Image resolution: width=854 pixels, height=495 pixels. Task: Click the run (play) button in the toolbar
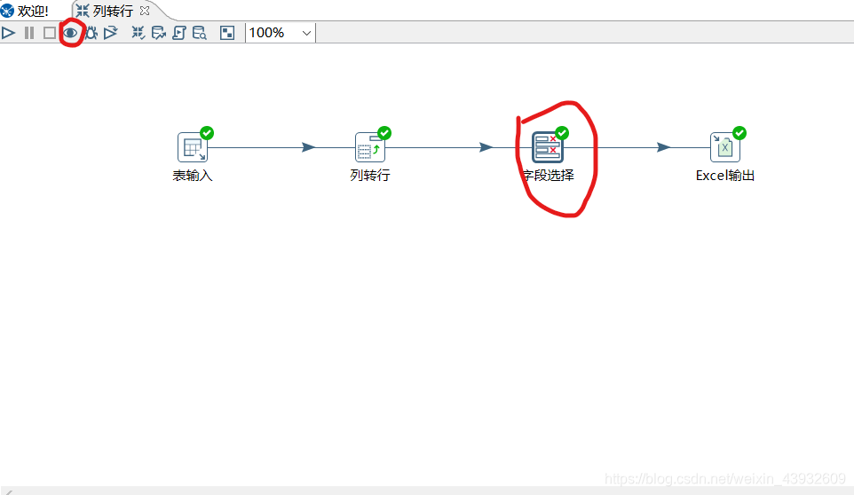coord(9,33)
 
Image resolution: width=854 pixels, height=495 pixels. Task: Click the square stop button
coord(50,33)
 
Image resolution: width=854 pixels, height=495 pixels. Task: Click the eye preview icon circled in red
coord(70,33)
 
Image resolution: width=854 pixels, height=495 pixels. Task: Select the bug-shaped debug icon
coord(91,33)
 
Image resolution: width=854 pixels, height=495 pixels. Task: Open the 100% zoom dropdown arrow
coord(307,33)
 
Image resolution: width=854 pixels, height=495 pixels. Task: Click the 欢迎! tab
coord(27,11)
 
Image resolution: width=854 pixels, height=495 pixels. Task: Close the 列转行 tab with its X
coord(145,11)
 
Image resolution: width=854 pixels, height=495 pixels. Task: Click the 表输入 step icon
coord(192,147)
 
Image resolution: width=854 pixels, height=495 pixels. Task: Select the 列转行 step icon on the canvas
coord(369,147)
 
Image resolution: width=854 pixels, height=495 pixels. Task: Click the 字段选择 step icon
coord(547,147)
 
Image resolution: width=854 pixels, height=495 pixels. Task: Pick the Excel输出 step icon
coord(724,147)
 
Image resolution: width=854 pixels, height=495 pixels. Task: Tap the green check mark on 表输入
coord(207,133)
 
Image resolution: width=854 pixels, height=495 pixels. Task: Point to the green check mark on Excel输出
coord(739,133)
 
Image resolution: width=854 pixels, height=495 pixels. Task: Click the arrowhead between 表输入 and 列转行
coord(308,147)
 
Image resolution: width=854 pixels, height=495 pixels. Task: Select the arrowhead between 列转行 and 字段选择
coord(486,147)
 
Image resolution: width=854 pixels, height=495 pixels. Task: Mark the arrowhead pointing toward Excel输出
coord(663,147)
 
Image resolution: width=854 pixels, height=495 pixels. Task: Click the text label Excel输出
coord(724,176)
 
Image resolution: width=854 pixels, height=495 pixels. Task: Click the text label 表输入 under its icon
coord(192,176)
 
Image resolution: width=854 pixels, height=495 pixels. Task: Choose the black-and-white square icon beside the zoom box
coord(227,33)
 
